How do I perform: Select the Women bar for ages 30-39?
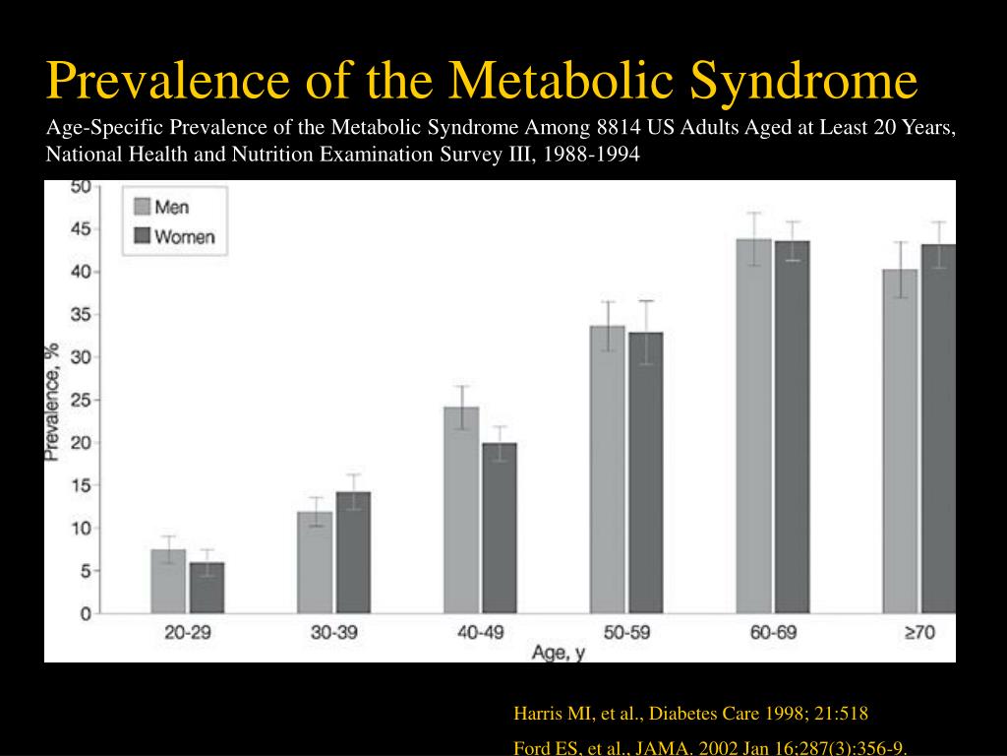point(353,552)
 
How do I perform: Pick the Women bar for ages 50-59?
point(646,472)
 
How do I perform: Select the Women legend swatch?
point(142,237)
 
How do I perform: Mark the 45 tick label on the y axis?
point(81,229)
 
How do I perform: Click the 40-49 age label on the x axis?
point(481,633)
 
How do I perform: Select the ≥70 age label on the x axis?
point(918,633)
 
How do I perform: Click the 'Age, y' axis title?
point(558,652)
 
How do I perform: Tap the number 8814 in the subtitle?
point(621,128)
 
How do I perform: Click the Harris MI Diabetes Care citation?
point(690,714)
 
